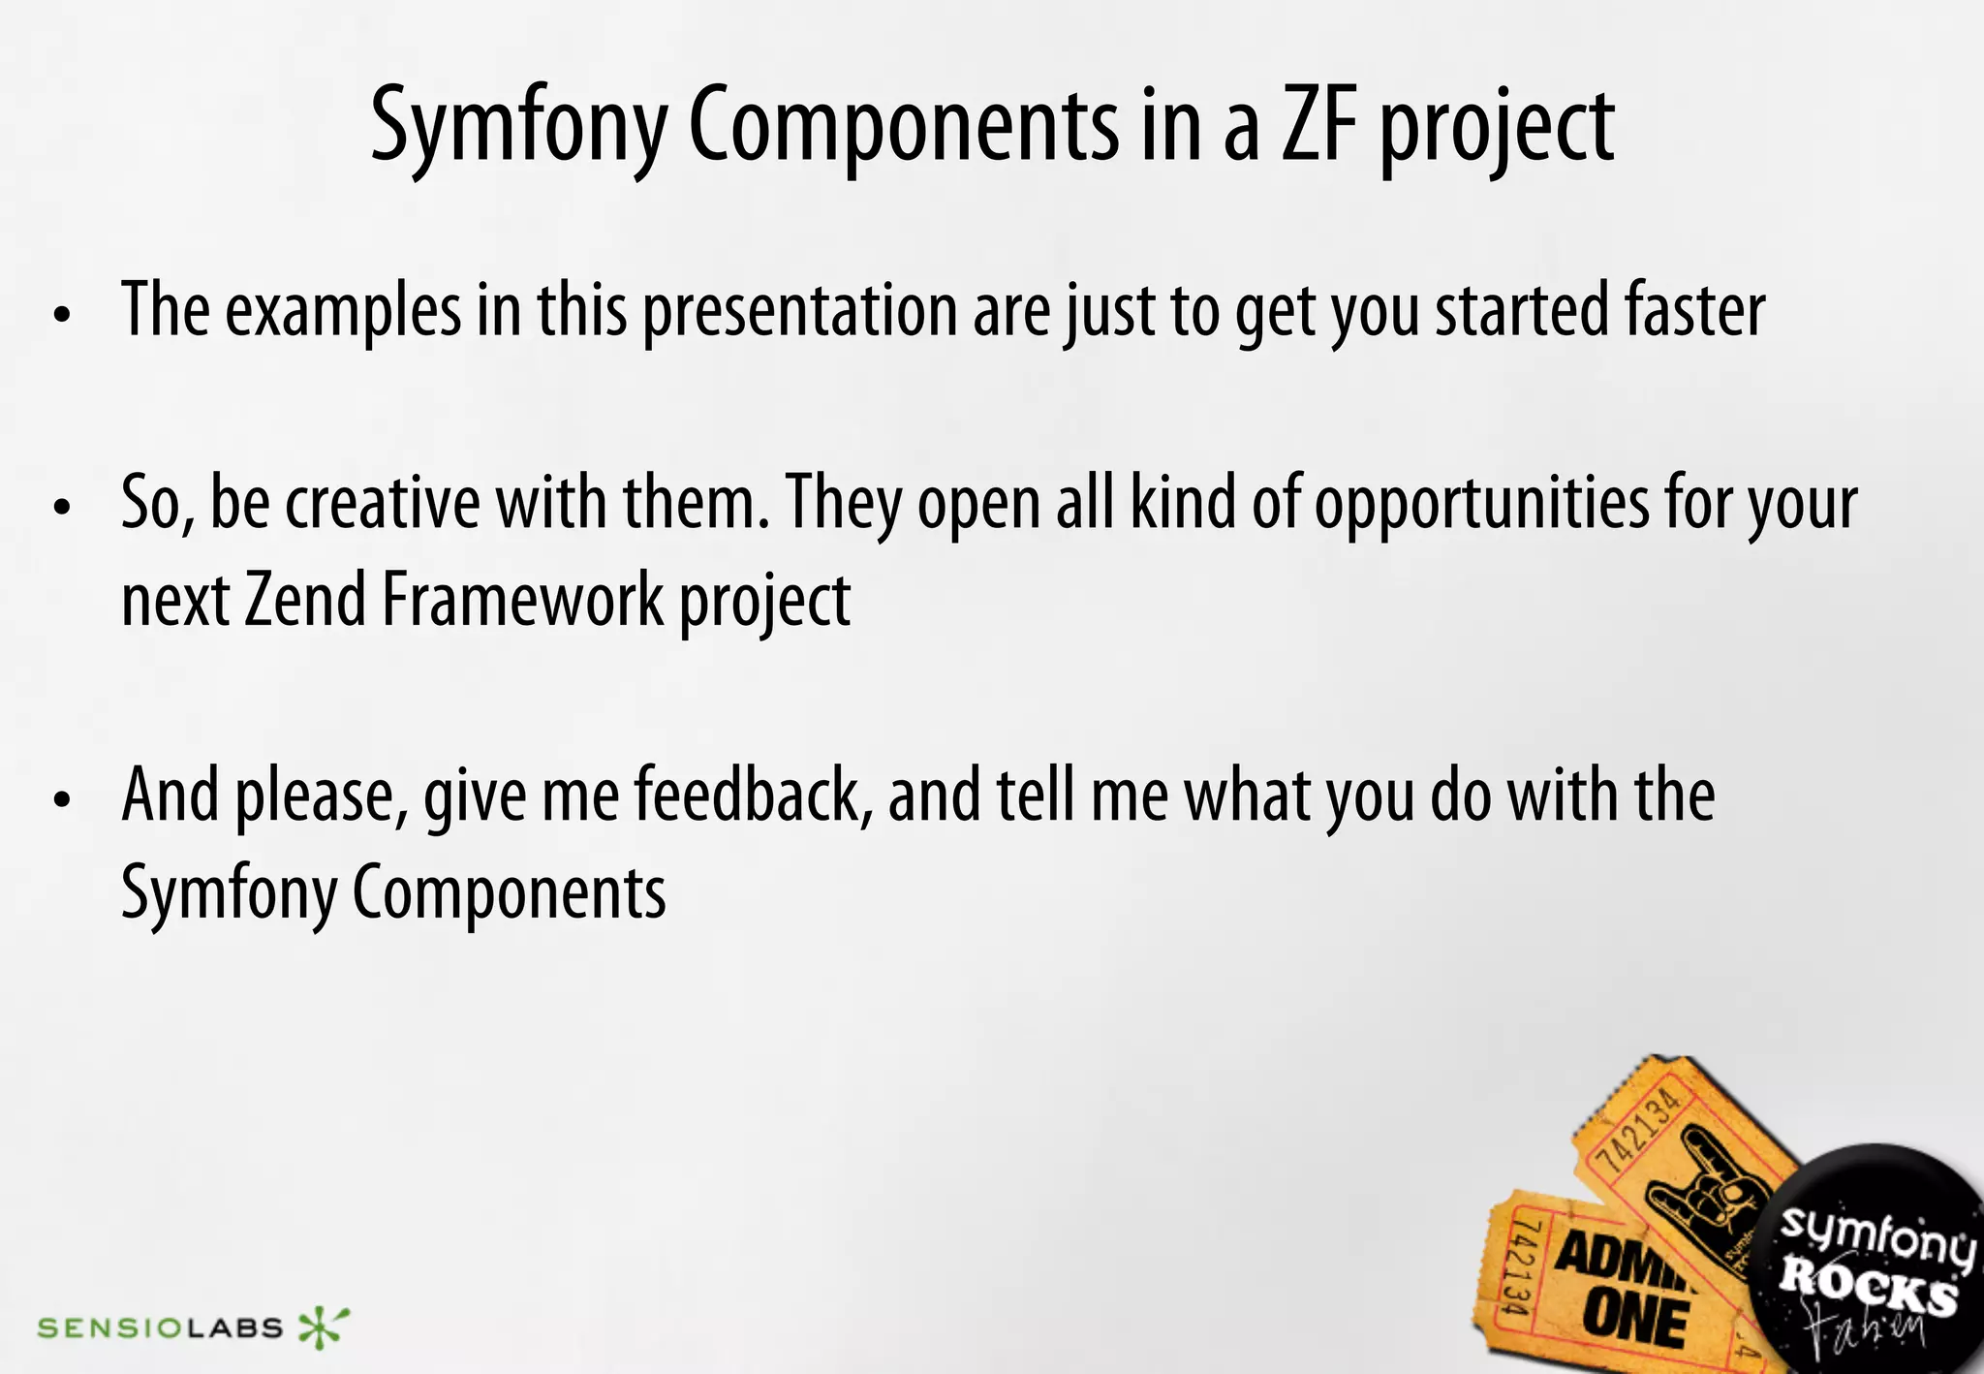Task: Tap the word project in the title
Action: (x=1498, y=132)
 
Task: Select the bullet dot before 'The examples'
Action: (x=63, y=316)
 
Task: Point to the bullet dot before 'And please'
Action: (x=63, y=800)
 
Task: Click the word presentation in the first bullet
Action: (x=800, y=312)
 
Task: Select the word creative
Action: (x=383, y=504)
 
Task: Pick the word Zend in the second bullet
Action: (x=305, y=601)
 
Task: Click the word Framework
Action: (x=523, y=601)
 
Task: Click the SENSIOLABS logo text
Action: (x=160, y=1327)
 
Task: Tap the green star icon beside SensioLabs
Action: (x=322, y=1327)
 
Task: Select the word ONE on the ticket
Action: (x=1635, y=1320)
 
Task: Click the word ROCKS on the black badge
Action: (x=1868, y=1289)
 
